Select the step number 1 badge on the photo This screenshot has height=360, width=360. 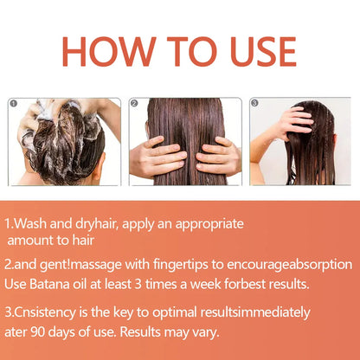(14, 103)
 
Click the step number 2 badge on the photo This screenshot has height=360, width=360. (134, 103)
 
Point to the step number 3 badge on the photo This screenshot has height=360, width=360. (254, 103)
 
